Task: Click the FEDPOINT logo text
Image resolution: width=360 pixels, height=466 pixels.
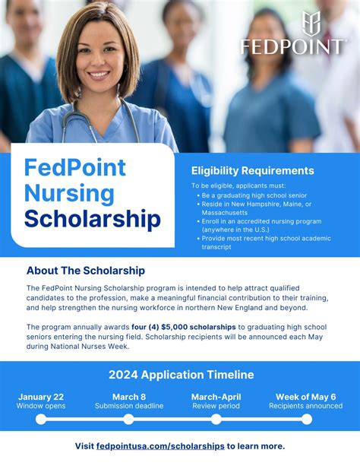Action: (292, 46)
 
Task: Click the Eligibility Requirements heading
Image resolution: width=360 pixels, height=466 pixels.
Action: (252, 171)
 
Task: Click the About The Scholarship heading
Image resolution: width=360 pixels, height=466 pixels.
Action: (86, 271)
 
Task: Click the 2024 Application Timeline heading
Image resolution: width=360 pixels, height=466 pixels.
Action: (181, 375)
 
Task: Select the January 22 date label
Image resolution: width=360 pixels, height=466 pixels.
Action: (40, 396)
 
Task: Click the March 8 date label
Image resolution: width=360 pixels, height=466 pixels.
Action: (129, 396)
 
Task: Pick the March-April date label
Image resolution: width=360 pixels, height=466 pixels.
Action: (216, 396)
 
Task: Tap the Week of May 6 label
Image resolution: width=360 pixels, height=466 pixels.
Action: (306, 396)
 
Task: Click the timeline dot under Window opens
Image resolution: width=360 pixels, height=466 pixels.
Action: (40, 419)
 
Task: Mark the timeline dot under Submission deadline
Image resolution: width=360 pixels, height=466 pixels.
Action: (129, 419)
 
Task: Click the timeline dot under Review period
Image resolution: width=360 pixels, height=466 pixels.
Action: (216, 419)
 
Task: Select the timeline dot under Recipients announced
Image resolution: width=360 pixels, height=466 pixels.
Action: (306, 419)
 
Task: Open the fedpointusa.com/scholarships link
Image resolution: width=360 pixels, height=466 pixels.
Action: (160, 446)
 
